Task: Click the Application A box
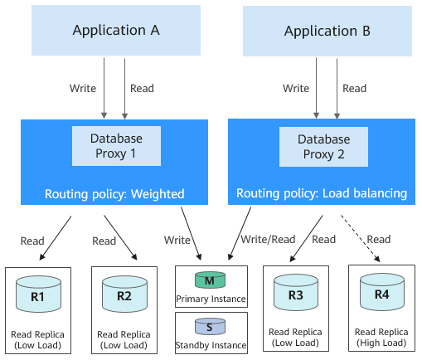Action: pyautogui.click(x=116, y=30)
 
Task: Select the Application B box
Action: pyautogui.click(x=327, y=31)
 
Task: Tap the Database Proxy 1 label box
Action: pyautogui.click(x=116, y=146)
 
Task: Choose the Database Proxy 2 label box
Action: pyautogui.click(x=323, y=147)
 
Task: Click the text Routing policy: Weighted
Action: pyautogui.click(x=114, y=194)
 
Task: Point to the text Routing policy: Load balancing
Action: pyautogui.click(x=322, y=193)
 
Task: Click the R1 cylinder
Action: pyautogui.click(x=38, y=294)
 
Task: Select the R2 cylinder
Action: pyautogui.click(x=124, y=294)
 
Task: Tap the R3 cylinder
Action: pyautogui.click(x=296, y=292)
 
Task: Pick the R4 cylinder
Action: pyautogui.click(x=382, y=292)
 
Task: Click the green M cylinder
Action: pyautogui.click(x=210, y=280)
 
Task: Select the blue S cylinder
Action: pyautogui.click(x=210, y=327)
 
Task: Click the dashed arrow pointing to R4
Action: pyautogui.click(x=360, y=238)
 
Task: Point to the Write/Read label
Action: pyautogui.click(x=268, y=240)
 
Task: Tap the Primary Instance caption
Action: pyautogui.click(x=211, y=299)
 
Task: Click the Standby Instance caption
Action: pyautogui.click(x=211, y=345)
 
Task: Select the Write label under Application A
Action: pyautogui.click(x=83, y=89)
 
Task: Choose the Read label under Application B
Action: pyautogui.click(x=355, y=89)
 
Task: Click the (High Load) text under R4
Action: pyautogui.click(x=381, y=343)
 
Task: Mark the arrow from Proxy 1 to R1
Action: pyautogui.click(x=56, y=238)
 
